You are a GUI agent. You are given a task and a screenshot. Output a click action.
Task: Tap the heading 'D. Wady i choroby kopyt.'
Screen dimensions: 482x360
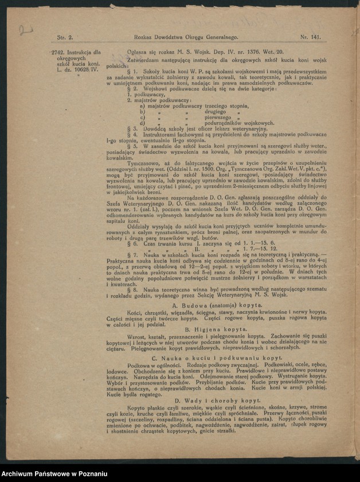210,400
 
